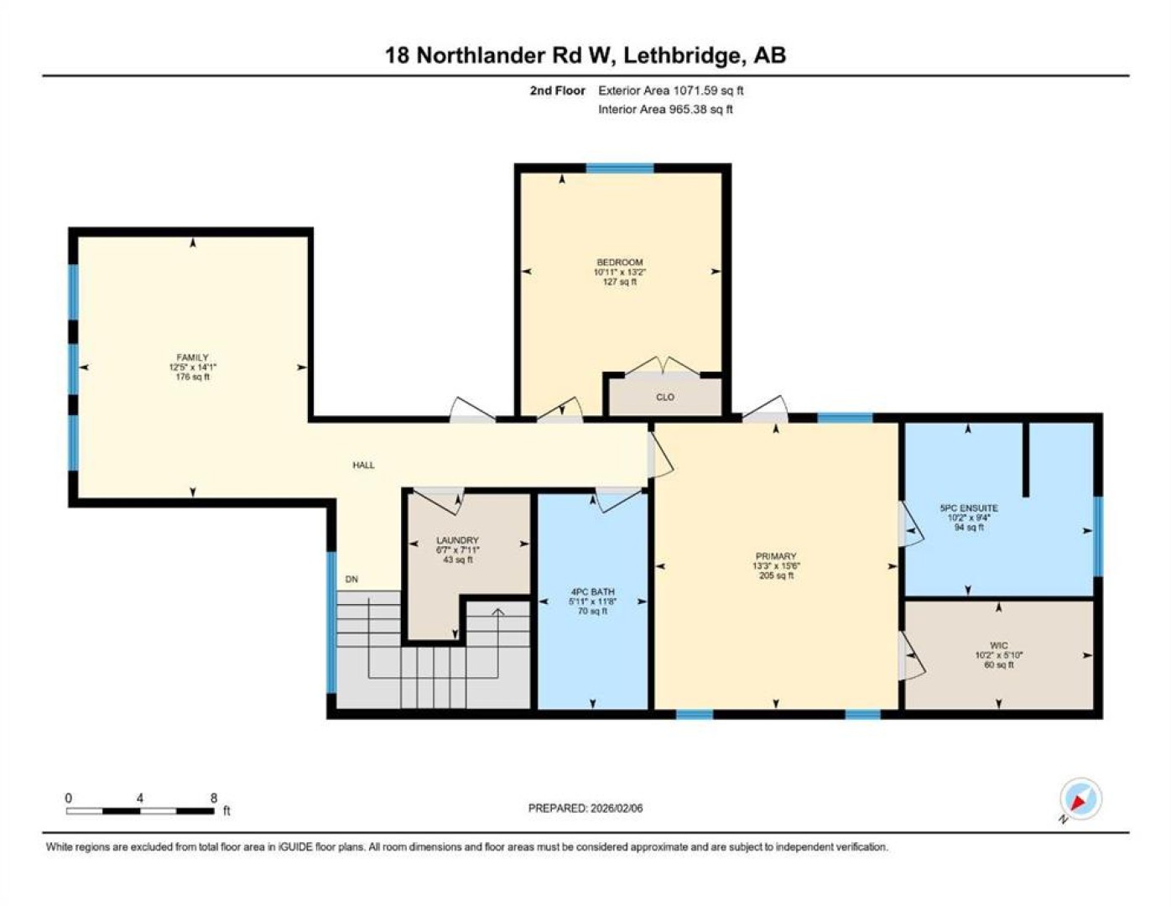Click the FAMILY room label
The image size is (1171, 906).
click(x=192, y=357)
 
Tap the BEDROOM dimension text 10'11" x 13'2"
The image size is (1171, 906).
click(x=619, y=272)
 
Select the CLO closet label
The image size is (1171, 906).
click(x=665, y=398)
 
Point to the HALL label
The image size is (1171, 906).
click(x=364, y=465)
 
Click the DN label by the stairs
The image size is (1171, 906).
click(x=351, y=580)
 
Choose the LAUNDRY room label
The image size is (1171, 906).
click(x=457, y=540)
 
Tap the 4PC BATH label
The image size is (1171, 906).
click(x=593, y=591)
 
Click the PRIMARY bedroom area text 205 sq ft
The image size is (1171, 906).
click(x=776, y=575)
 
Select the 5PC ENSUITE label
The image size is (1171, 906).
click(x=969, y=508)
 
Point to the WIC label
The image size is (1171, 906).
click(x=998, y=645)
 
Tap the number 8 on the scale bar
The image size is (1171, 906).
click(x=213, y=798)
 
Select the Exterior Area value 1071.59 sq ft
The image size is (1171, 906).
click(x=708, y=91)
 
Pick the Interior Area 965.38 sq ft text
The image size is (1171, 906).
click(x=665, y=109)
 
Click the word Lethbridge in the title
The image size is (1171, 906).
click(x=682, y=55)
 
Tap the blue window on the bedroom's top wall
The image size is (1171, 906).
click(x=620, y=168)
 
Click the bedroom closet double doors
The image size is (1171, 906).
click(x=663, y=366)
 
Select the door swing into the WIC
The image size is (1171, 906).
click(x=912, y=655)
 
